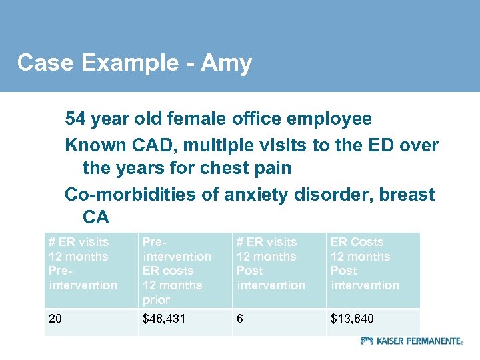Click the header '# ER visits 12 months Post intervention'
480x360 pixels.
click(x=278, y=264)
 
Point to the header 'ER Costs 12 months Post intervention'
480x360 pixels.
click(x=373, y=264)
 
